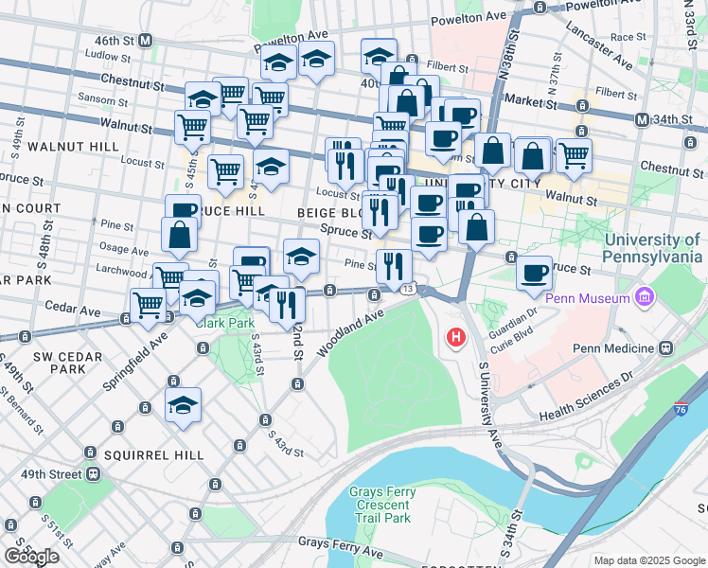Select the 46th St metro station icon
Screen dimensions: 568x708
point(146,41)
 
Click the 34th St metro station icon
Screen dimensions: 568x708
point(642,119)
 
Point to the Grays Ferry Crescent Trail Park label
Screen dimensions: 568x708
point(380,505)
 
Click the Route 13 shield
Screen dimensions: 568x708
point(407,288)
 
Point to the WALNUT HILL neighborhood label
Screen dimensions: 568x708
point(73,147)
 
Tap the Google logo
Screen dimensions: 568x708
point(31,557)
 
